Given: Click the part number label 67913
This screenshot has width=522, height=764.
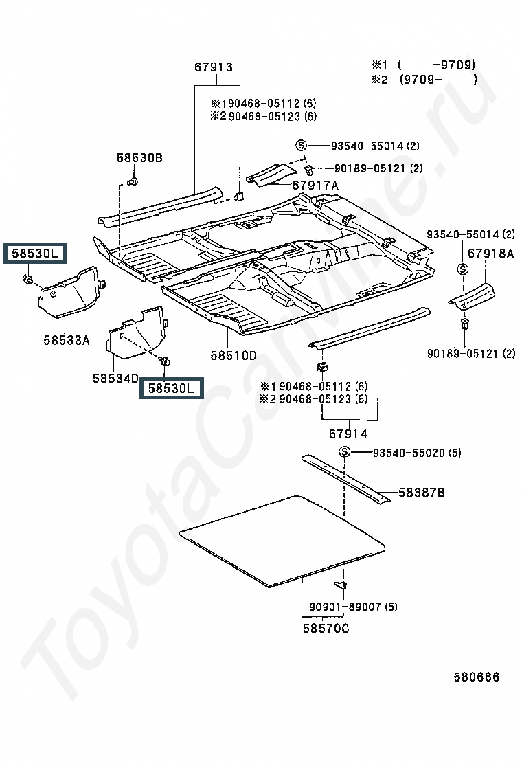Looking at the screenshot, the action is point(214,67).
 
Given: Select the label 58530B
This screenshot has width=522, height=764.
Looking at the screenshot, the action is point(139,158).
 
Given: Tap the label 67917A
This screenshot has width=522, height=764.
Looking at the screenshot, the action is point(315,185).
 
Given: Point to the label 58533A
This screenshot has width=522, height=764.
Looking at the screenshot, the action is point(67,340).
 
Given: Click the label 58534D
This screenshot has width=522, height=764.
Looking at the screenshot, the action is point(116,378).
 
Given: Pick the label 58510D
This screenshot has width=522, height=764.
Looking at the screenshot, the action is point(234,356).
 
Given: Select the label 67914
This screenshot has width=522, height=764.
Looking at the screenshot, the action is point(348,434).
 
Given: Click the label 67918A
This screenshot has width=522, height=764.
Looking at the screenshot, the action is point(491,254).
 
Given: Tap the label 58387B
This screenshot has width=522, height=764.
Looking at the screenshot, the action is point(422,493).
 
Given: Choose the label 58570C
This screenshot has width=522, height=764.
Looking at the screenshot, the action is point(326,629).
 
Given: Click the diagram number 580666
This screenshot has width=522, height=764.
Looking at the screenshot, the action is point(476,677).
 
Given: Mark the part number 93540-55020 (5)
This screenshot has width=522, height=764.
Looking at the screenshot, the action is point(417,453).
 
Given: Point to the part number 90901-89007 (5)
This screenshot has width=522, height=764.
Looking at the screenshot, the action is point(353,607).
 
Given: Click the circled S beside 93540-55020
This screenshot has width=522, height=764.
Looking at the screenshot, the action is point(344,452).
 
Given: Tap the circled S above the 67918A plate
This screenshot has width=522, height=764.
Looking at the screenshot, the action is point(462,269).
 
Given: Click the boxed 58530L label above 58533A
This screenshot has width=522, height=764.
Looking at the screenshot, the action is point(35,254).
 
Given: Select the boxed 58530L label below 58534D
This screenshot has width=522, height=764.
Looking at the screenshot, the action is point(172,388).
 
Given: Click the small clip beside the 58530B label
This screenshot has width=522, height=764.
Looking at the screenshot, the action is point(132,182).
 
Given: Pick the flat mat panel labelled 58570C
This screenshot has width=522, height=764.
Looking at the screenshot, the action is point(282,541).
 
